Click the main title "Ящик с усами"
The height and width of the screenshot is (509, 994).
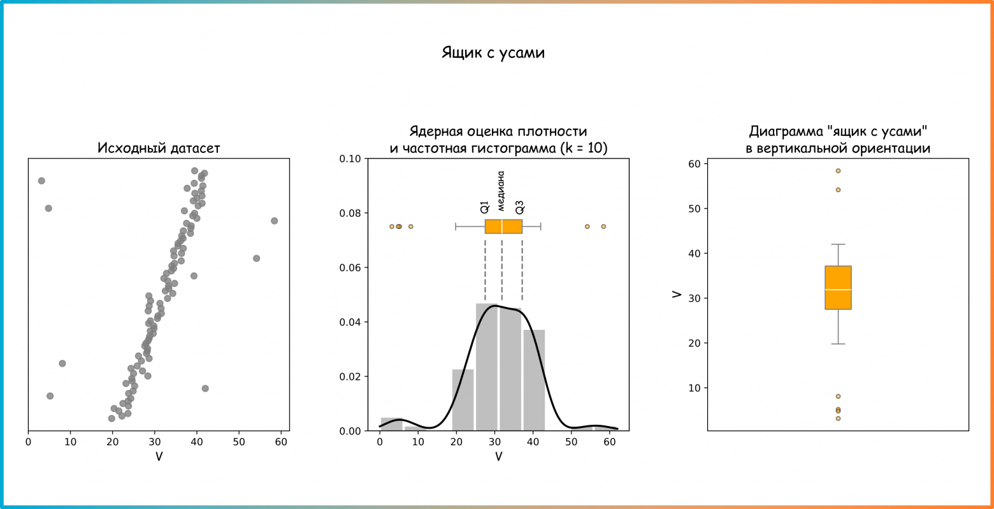(x=493, y=53)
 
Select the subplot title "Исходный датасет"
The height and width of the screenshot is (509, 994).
(x=159, y=148)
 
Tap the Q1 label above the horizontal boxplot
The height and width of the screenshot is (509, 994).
(x=485, y=207)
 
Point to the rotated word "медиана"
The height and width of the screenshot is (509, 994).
(x=501, y=191)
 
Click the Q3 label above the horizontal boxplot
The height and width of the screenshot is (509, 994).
(x=520, y=207)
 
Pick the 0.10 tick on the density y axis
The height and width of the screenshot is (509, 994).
(x=350, y=159)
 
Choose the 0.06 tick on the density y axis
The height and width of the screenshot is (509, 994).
(x=350, y=268)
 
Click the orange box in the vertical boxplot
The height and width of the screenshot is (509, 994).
(x=838, y=287)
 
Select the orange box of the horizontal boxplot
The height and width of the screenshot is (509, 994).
(x=503, y=226)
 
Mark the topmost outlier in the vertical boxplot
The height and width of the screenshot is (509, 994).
(x=838, y=171)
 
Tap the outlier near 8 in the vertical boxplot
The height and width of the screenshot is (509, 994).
(x=838, y=396)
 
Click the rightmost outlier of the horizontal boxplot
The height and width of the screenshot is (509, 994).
(x=603, y=226)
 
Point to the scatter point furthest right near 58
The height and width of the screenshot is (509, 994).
(x=274, y=221)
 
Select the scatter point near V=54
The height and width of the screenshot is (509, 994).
(x=256, y=258)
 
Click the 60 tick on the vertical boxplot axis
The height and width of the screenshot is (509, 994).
(x=693, y=164)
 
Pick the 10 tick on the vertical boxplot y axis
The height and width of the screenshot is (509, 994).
(x=693, y=388)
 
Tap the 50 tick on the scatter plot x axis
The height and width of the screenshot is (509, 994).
(x=238, y=441)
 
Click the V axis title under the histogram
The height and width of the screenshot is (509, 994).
(x=498, y=457)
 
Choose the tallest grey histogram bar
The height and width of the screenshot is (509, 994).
(x=487, y=367)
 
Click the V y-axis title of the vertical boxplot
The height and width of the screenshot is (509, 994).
(x=677, y=295)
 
